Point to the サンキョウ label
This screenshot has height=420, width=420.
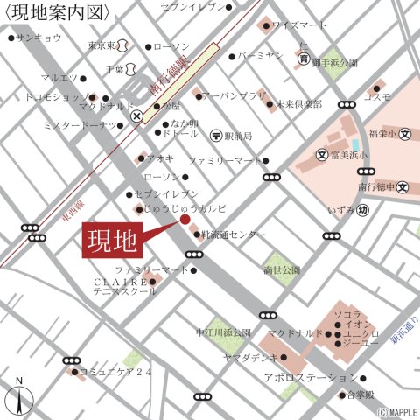point(39,38)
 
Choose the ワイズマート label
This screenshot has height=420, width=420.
point(299,25)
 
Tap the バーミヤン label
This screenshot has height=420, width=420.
point(261,56)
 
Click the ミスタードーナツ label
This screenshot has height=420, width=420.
point(79,125)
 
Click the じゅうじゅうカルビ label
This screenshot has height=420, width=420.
point(185,209)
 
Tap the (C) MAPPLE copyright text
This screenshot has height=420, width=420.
point(396,411)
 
